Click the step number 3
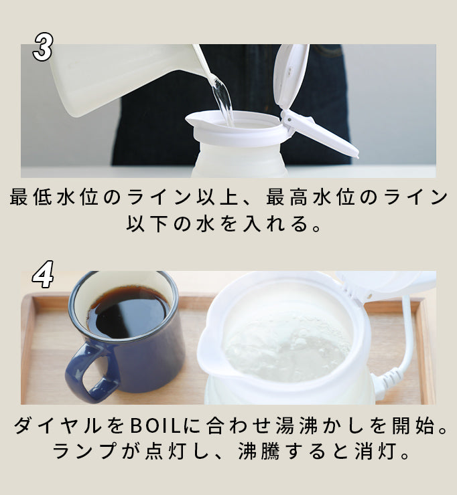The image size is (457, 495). click(x=43, y=47)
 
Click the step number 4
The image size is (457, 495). click(x=43, y=275)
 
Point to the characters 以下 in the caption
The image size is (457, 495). click(x=147, y=224)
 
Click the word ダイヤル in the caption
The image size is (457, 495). click(x=57, y=425)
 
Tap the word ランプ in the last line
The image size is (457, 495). click(x=84, y=452)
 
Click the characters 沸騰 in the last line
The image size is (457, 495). click(x=259, y=452)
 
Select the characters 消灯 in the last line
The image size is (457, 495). click(x=375, y=452)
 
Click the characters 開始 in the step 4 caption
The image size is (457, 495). click(x=413, y=425)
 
